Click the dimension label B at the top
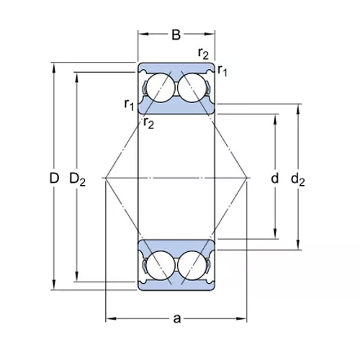(x=176, y=35)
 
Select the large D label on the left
(x=54, y=179)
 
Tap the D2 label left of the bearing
(x=77, y=179)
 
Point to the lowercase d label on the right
(x=275, y=179)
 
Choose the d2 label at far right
(x=298, y=179)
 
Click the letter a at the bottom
(x=177, y=319)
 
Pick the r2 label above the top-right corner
(x=203, y=53)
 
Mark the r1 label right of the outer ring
(x=222, y=71)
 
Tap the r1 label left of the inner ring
(x=129, y=104)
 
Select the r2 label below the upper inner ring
(x=148, y=123)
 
